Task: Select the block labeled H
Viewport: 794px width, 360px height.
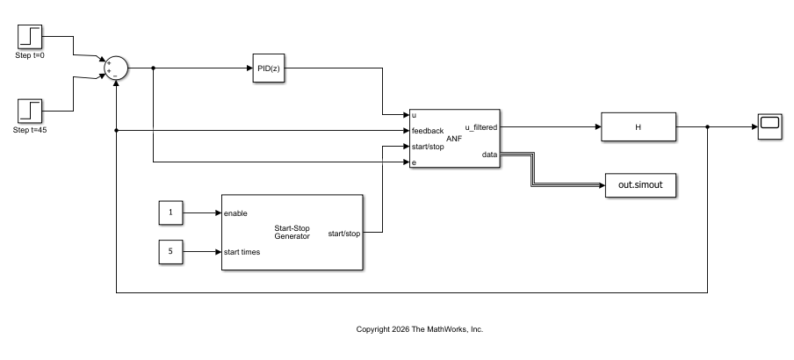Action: point(638,126)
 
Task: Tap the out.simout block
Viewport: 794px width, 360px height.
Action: point(640,186)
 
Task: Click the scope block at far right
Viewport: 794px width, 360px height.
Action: point(769,126)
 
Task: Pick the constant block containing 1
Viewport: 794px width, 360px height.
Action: point(170,212)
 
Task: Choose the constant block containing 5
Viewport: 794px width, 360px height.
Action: point(170,252)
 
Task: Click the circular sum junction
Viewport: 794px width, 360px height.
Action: point(116,68)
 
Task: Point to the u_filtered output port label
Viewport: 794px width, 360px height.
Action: point(480,127)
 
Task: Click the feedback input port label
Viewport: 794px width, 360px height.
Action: point(428,131)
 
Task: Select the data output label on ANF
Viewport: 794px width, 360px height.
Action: point(489,155)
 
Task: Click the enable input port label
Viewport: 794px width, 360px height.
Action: point(235,213)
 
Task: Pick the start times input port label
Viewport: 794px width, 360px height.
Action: point(242,252)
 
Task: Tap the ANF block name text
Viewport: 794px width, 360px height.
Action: point(454,138)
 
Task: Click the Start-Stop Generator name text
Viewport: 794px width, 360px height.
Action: point(292,232)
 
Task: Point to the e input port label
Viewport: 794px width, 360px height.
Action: point(414,163)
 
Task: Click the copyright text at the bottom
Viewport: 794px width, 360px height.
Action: point(420,329)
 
